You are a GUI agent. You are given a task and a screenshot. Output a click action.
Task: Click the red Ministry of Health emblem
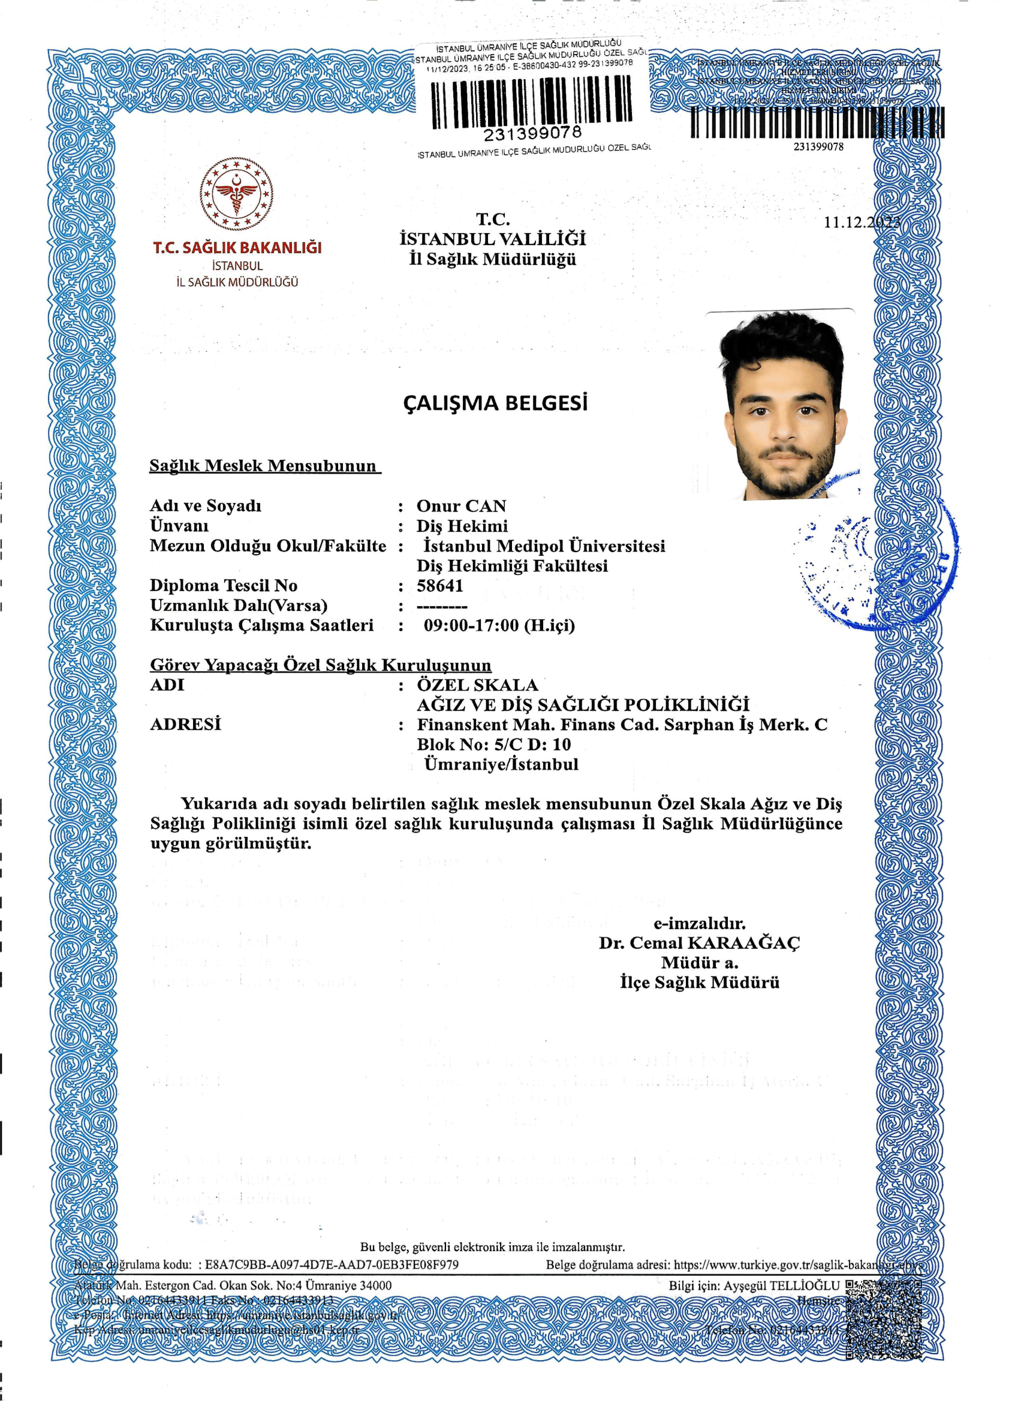tap(237, 194)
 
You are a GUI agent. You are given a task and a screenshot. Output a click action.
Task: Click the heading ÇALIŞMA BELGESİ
tap(495, 403)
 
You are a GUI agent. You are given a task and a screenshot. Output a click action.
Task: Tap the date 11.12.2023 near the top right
tap(862, 222)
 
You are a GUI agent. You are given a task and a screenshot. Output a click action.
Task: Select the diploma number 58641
tap(440, 585)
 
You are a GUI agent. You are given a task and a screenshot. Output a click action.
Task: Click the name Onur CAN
tap(462, 506)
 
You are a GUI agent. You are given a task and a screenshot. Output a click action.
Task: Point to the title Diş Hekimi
tap(462, 526)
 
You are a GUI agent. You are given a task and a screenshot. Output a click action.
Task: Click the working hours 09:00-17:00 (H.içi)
tap(499, 625)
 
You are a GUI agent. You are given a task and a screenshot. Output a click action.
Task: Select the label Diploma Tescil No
tap(224, 585)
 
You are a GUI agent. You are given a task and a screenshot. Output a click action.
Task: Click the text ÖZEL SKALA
tap(477, 685)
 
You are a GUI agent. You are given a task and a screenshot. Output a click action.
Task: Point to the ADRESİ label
tap(185, 724)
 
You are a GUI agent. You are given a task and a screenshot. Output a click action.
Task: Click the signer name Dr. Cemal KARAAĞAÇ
tap(699, 942)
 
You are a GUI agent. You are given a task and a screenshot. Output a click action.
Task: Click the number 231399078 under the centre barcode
tap(532, 133)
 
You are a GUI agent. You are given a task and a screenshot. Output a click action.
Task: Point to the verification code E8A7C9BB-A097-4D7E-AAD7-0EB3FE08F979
tap(332, 1264)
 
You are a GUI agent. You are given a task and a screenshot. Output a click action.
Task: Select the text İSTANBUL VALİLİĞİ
tap(492, 239)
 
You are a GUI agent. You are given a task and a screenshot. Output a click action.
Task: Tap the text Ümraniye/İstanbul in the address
tap(501, 764)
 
